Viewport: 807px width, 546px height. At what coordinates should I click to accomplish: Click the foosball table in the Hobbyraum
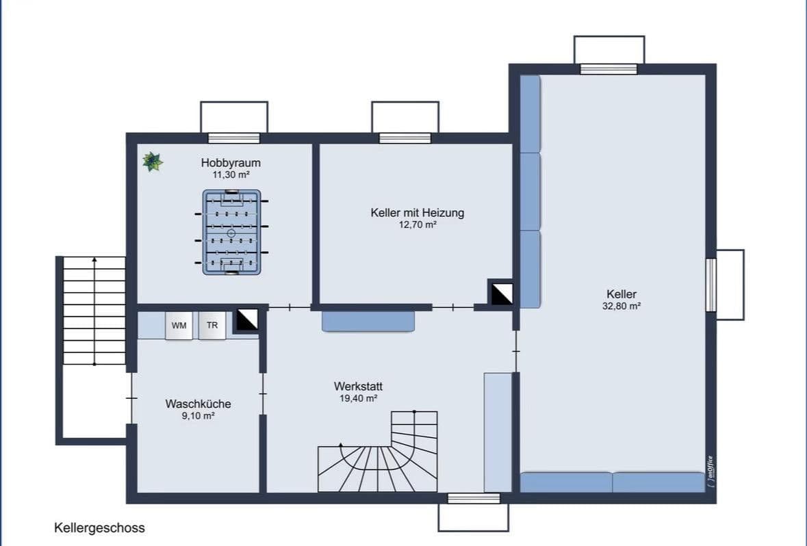tap(231, 233)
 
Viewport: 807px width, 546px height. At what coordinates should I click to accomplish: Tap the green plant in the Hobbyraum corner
tap(152, 161)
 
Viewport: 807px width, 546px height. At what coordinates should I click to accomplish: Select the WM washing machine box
tap(179, 326)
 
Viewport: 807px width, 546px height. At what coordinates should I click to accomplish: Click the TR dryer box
tap(212, 326)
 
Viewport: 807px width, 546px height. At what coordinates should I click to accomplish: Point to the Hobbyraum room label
tap(231, 163)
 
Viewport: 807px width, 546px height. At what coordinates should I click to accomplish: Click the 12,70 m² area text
tap(418, 224)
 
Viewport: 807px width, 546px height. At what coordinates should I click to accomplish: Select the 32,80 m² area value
tap(621, 307)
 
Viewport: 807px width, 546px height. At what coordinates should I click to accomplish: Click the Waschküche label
tap(198, 404)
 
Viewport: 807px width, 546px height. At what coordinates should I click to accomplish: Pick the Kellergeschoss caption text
tap(99, 528)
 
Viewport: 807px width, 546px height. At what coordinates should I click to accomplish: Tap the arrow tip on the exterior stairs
tap(94, 260)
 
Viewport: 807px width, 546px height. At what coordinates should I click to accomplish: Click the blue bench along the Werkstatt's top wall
tap(368, 322)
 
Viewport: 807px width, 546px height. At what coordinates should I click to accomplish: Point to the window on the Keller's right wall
tap(711, 285)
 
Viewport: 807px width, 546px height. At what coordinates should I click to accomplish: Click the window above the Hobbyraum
tap(234, 138)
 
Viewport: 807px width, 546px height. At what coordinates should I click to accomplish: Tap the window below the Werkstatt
tap(474, 499)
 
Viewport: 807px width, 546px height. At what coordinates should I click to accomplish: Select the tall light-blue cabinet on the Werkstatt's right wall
tap(498, 432)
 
